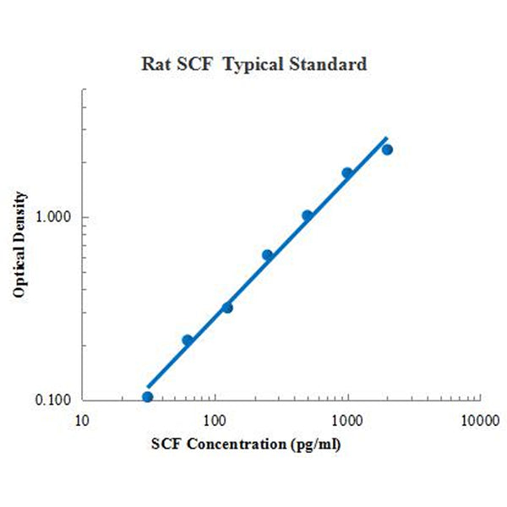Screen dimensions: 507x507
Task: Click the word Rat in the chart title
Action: point(155,64)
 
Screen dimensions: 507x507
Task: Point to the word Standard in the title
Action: point(330,64)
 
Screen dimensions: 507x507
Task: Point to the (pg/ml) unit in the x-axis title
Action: point(313,443)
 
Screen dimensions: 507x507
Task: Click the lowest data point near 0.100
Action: point(147,396)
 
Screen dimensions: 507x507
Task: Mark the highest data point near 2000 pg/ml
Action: point(387,150)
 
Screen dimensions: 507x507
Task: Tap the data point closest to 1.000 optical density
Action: point(308,215)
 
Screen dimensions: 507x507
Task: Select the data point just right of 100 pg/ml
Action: point(227,308)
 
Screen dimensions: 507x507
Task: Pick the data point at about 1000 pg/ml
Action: point(347,173)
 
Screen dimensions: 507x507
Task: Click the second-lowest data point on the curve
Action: point(188,340)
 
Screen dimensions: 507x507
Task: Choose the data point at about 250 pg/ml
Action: point(267,254)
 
